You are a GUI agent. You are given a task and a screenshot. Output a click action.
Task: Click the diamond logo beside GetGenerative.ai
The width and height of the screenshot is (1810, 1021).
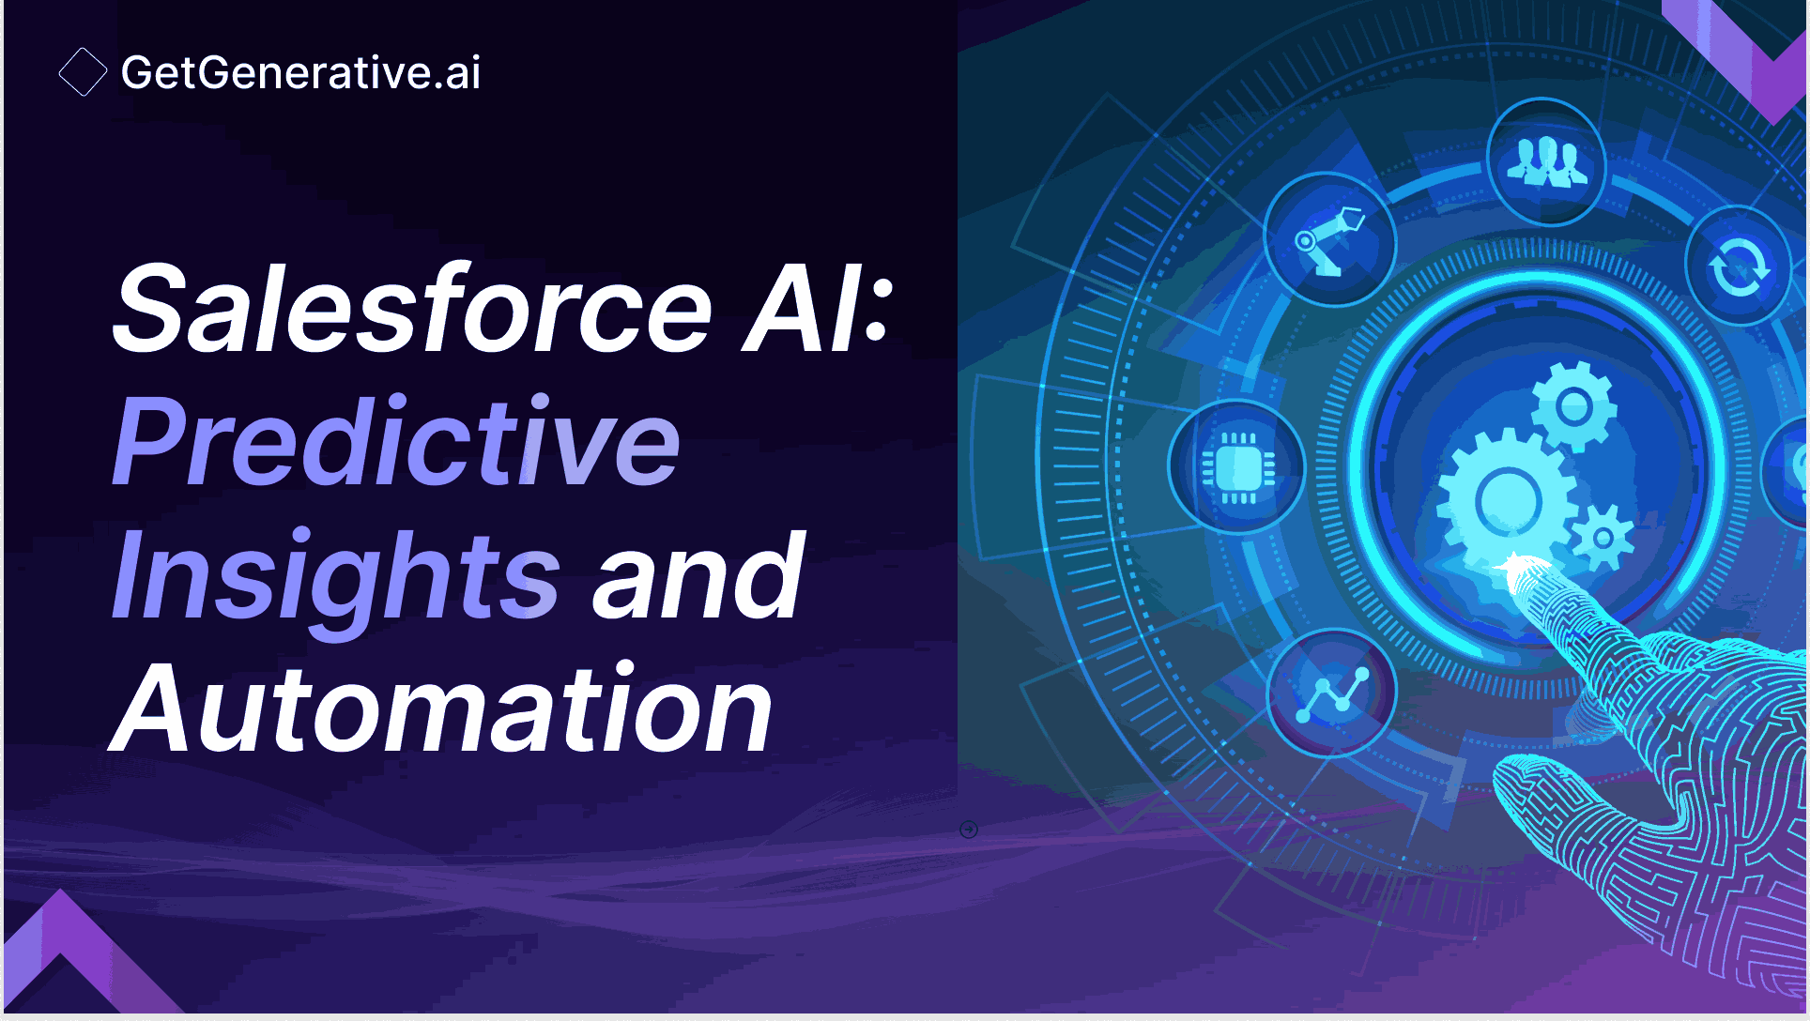(x=83, y=72)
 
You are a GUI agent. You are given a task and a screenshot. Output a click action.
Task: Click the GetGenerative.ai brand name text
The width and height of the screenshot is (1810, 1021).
(x=300, y=72)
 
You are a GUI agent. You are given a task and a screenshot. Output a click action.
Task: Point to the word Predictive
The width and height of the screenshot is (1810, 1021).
(x=396, y=440)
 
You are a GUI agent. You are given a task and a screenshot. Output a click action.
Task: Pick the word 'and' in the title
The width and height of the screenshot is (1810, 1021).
(x=698, y=573)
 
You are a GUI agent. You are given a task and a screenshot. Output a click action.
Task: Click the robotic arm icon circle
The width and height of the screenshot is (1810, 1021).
(x=1329, y=240)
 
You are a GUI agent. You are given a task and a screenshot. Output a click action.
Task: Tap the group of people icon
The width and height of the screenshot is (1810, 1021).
(x=1546, y=161)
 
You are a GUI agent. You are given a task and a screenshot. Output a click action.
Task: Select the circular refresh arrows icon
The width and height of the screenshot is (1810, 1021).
(x=1739, y=267)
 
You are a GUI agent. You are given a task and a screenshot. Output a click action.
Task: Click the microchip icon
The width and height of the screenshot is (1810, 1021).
(x=1237, y=466)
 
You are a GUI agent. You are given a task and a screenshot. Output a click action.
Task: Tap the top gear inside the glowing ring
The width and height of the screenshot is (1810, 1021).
(x=1573, y=406)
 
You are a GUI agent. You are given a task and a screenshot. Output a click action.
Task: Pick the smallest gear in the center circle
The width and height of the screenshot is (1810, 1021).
(x=1603, y=538)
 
